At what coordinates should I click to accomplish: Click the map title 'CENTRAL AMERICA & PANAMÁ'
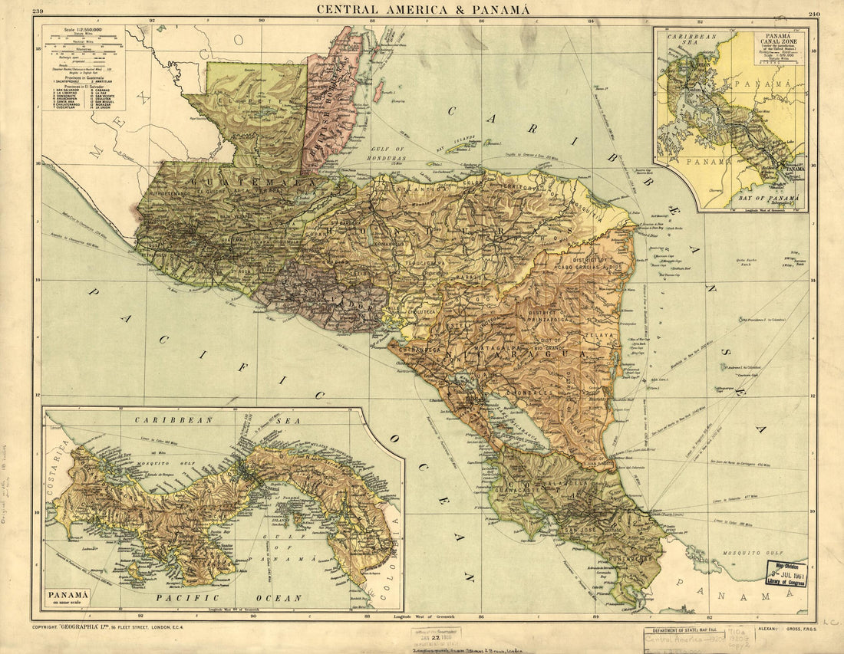tap(423, 9)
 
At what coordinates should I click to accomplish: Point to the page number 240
tap(814, 13)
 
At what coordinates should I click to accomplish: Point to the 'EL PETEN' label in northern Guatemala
tap(247, 99)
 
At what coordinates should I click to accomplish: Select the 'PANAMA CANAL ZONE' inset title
tap(777, 42)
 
